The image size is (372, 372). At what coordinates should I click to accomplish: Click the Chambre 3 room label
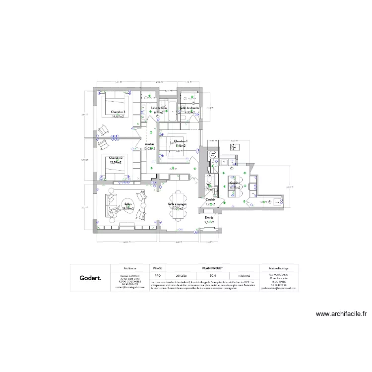tap(118, 112)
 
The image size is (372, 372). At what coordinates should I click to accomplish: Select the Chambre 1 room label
tap(181, 141)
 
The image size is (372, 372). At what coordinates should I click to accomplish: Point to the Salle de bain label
tap(158, 108)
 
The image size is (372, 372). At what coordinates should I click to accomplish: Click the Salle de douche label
tap(190, 108)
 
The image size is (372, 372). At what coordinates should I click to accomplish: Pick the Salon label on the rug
tap(128, 204)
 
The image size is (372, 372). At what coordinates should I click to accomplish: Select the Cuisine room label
tap(234, 183)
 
